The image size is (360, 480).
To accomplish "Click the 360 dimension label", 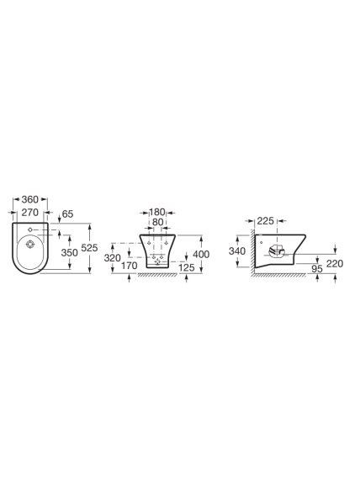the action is click(30, 199).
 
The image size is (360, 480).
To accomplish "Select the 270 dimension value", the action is click(30, 212).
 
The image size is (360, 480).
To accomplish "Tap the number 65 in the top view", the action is click(68, 214).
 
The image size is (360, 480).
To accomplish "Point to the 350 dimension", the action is click(70, 252).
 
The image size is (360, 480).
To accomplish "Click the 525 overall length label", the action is click(89, 248).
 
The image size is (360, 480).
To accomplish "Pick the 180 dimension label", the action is click(157, 212).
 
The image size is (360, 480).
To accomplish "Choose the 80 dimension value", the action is click(158, 222).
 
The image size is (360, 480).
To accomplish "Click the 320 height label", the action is click(113, 258).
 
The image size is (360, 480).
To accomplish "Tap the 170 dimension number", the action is click(129, 266).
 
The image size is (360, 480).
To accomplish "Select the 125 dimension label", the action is click(187, 267).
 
